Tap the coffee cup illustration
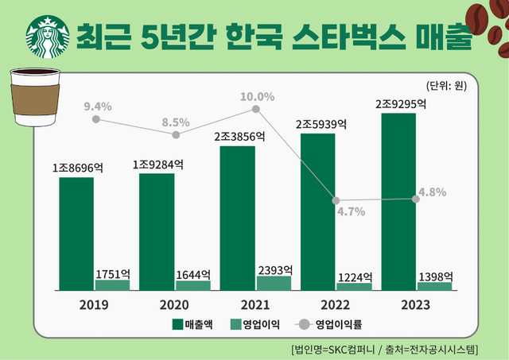[x=36, y=95]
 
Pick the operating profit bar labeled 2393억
[x=274, y=282]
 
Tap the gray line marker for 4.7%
[x=336, y=200]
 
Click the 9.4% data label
[x=96, y=106]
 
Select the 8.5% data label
[x=176, y=122]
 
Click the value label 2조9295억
[x=401, y=104]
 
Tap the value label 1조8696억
[x=78, y=168]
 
